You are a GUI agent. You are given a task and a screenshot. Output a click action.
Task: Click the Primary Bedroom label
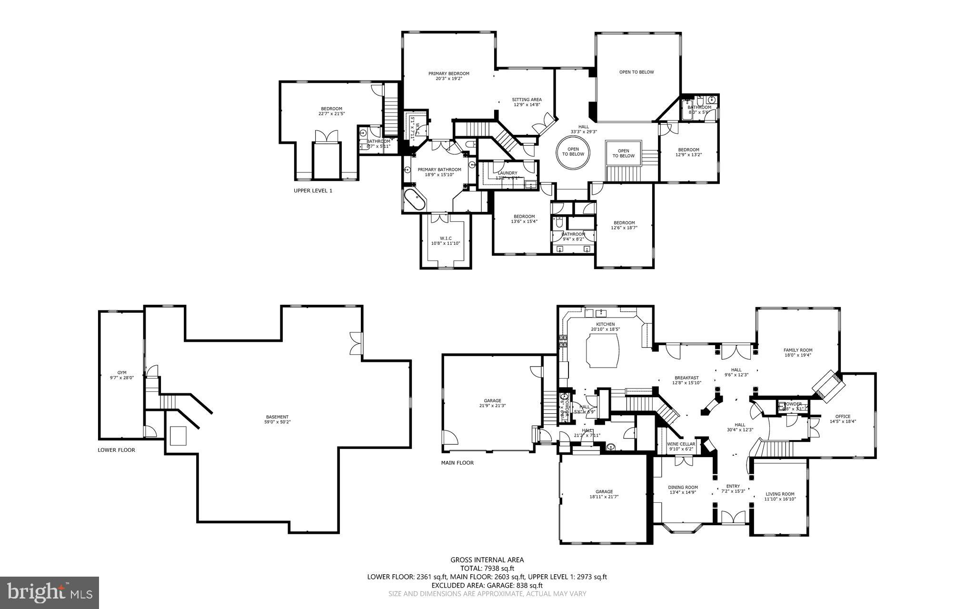coord(448,74)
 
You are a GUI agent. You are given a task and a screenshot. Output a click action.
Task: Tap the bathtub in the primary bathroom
coord(414,200)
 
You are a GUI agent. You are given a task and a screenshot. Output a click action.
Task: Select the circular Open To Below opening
coord(573,152)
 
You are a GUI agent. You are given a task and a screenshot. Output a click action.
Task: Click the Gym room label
coord(121,373)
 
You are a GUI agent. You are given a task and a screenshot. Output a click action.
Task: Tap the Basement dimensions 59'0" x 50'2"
coord(277,422)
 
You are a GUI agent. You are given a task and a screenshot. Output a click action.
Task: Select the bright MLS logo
coord(50,592)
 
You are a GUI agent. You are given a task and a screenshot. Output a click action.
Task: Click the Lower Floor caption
coord(116,450)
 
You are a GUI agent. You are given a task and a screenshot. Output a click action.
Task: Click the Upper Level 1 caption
coord(313,190)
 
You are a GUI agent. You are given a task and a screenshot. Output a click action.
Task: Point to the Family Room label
coord(798,350)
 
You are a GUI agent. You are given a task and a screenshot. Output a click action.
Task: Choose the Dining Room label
coord(683,487)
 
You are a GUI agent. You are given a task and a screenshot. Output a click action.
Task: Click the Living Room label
coord(780,494)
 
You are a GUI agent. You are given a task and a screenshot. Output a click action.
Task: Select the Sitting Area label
coord(527,100)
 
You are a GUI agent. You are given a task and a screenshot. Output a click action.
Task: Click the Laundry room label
coord(507,173)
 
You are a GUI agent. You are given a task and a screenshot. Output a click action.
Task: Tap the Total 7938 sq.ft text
coord(487,568)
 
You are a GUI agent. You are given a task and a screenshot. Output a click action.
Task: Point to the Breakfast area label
coord(686,378)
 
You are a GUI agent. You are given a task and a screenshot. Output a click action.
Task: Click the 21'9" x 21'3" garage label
coord(492,403)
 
